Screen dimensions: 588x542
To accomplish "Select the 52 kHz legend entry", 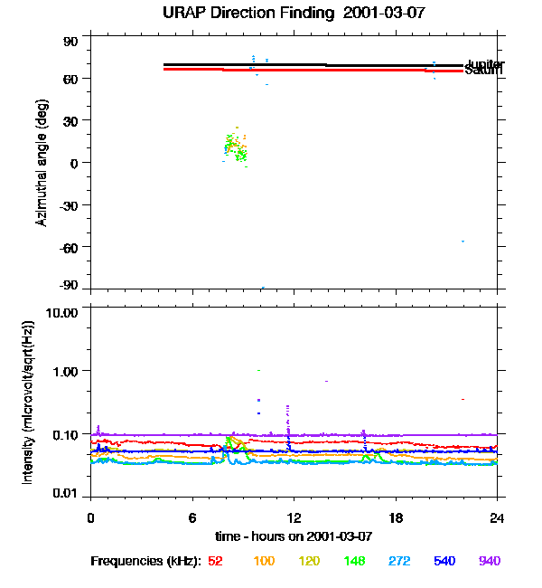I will click(x=215, y=561).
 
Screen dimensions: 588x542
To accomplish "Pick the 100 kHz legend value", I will click(x=264, y=561).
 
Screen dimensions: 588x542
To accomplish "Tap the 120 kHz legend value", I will click(x=310, y=561).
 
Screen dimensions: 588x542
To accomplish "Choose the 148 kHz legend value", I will click(x=355, y=561).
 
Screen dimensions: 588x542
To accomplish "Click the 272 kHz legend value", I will click(x=400, y=561).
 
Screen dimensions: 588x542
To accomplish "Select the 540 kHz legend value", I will click(x=445, y=561).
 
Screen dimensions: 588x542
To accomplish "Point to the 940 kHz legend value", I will click(x=491, y=561).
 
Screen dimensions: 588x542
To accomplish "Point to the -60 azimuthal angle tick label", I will click(x=69, y=247).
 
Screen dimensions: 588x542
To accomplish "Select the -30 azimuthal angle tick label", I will click(x=69, y=204).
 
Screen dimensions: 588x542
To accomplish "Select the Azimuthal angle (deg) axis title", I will click(x=42, y=163).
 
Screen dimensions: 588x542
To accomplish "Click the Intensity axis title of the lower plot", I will click(x=29, y=402).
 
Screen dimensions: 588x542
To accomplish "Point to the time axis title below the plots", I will click(x=294, y=536).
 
